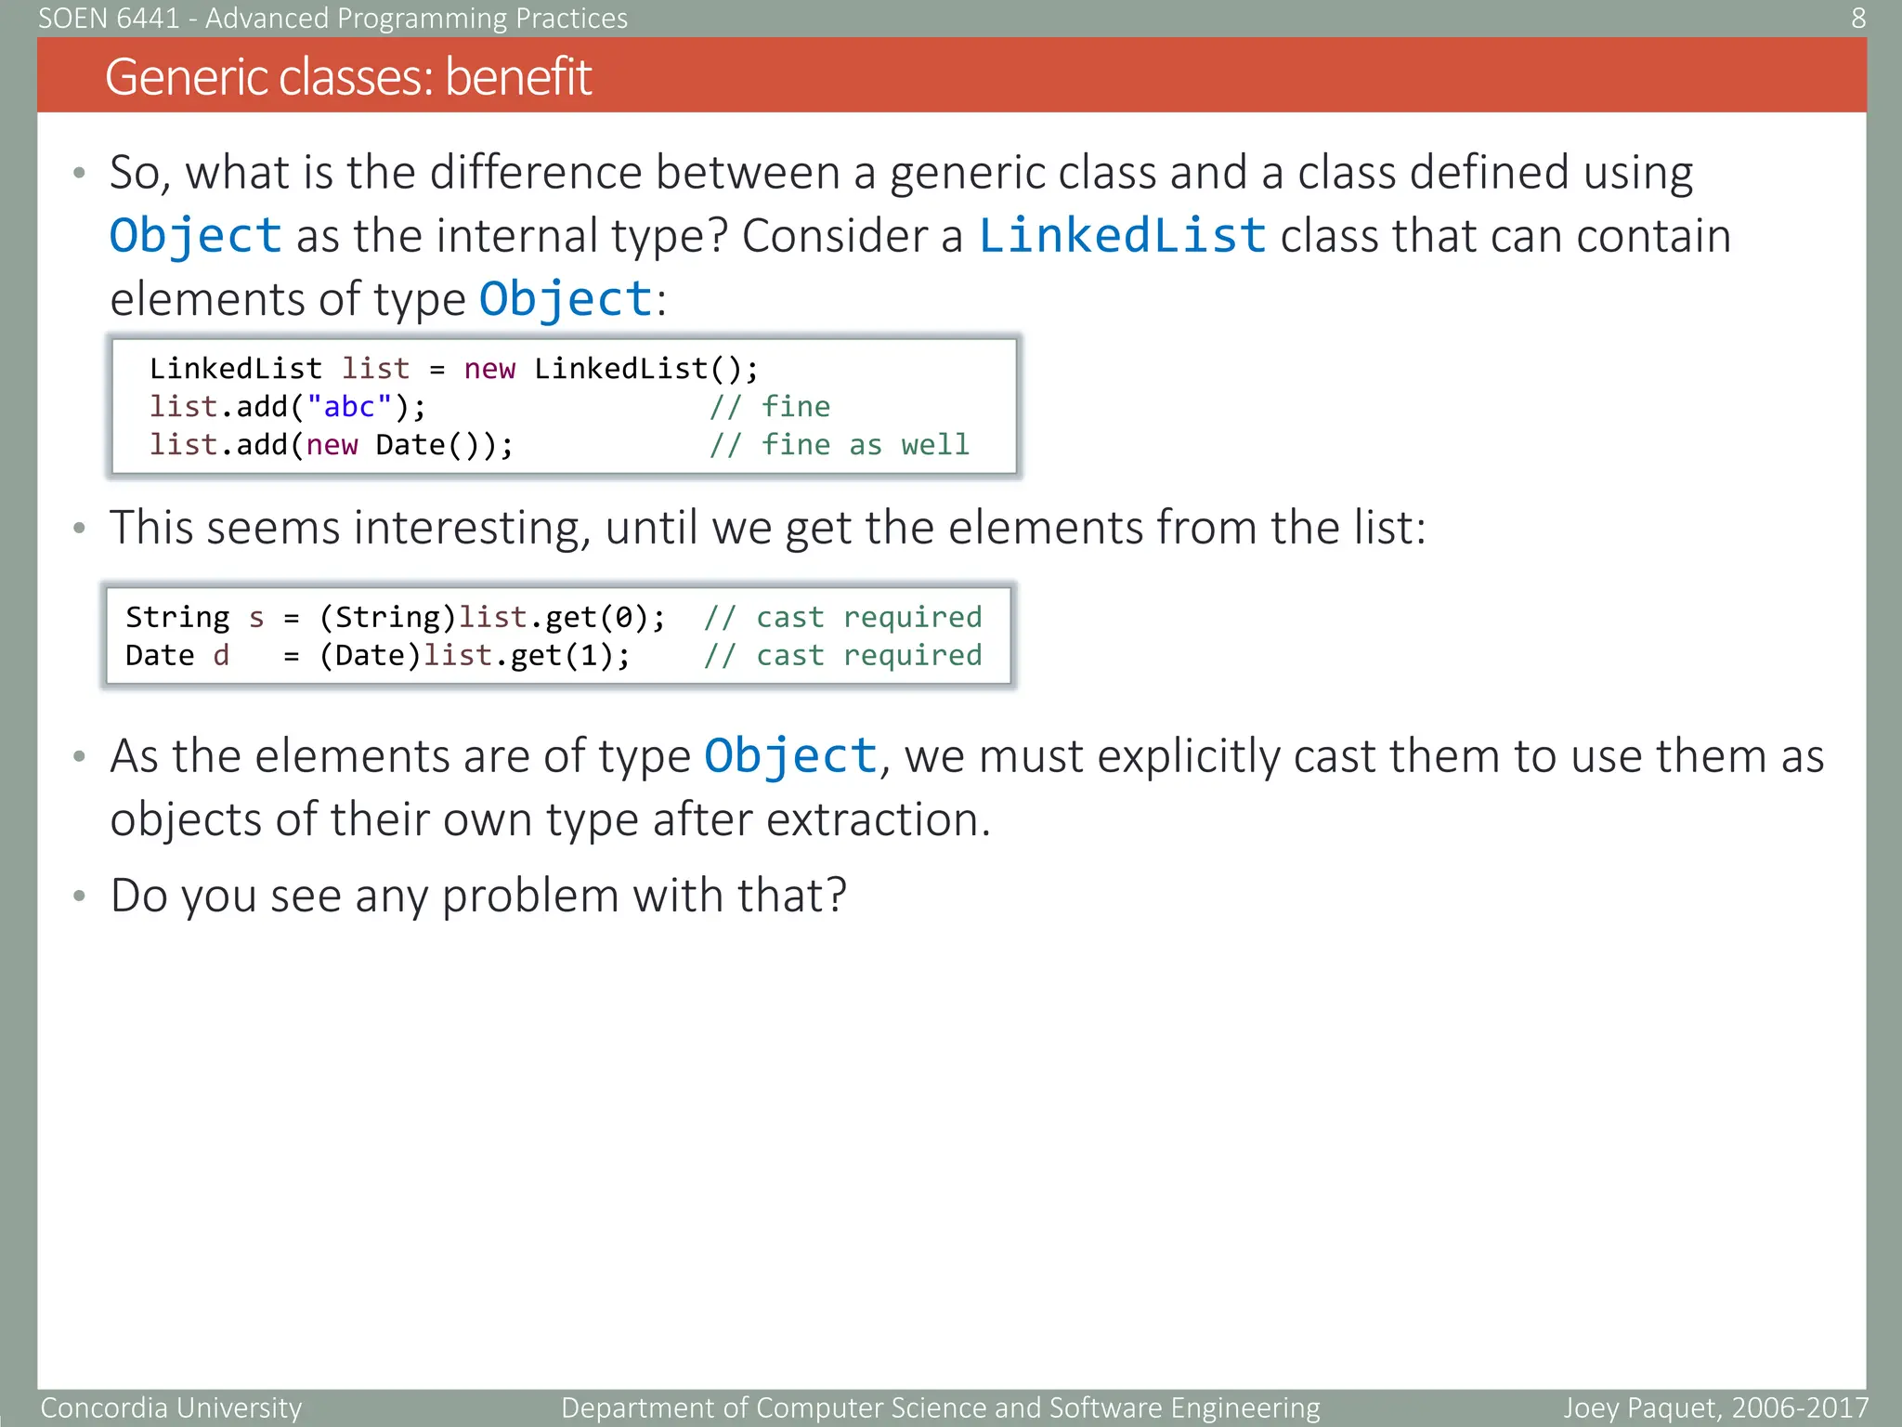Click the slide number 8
pyautogui.click(x=1857, y=18)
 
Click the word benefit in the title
pyautogui.click(x=517, y=77)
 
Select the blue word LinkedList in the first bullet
pyautogui.click(x=1122, y=235)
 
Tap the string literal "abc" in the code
pyautogui.click(x=349, y=407)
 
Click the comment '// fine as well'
pyautogui.click(x=840, y=445)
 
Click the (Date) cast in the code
pyautogui.click(x=370, y=656)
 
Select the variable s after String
pyautogui.click(x=256, y=618)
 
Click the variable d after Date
pyautogui.click(x=221, y=656)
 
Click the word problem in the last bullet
pyautogui.click(x=529, y=896)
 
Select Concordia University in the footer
pyautogui.click(x=171, y=1407)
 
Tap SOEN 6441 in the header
pyautogui.click(x=109, y=18)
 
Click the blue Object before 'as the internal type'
pyautogui.click(x=195, y=235)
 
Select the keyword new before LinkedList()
pyautogui.click(x=489, y=369)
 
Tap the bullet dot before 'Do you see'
pyautogui.click(x=80, y=896)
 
